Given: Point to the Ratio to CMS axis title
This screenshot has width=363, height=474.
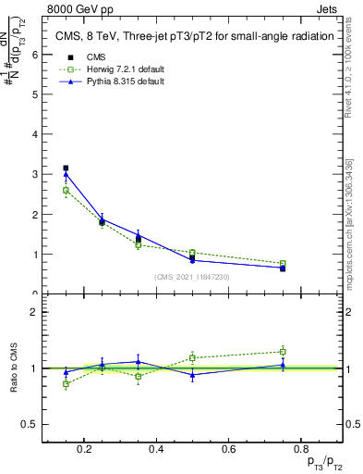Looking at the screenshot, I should pos(14,369).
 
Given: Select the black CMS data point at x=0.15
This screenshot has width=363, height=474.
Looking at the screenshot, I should pos(66,168).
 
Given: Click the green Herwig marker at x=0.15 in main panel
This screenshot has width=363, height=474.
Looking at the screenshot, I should pos(66,191).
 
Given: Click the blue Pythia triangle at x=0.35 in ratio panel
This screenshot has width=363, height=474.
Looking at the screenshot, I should pos(138,362).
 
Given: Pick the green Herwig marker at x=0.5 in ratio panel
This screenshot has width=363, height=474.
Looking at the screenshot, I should pos(192,357).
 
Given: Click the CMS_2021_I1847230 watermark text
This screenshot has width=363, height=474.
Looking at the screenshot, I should pos(192,277).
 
